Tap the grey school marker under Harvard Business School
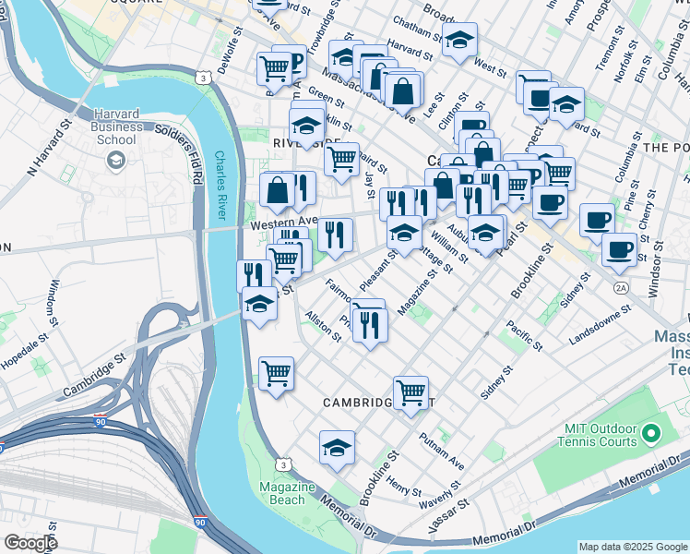coord(115,162)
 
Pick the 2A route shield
coord(621,288)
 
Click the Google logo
coord(30,543)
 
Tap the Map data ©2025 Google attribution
coord(633,547)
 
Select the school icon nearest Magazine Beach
coord(338,449)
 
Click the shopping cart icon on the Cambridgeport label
coord(410,391)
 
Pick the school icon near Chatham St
coord(459,41)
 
